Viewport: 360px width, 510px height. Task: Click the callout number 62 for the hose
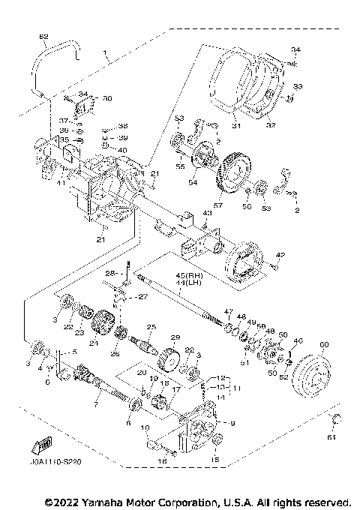pos(43,37)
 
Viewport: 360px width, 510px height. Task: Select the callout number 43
pos(207,214)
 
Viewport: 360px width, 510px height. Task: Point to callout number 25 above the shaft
pos(151,327)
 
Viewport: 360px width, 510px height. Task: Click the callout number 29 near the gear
pos(176,338)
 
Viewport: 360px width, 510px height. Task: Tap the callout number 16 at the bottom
pos(163,463)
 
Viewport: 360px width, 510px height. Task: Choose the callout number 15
pos(216,458)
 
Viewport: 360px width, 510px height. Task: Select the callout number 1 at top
pos(106,55)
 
